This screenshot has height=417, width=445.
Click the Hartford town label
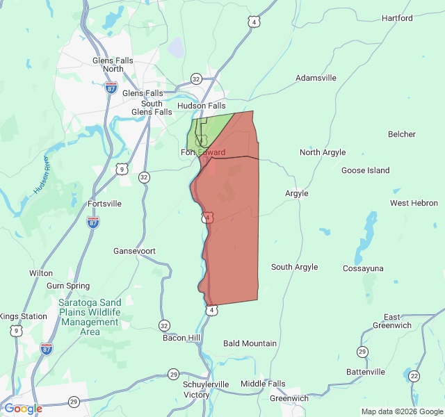click(x=397, y=18)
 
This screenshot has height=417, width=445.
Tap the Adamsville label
click(x=316, y=79)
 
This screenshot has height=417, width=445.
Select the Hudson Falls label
click(x=202, y=106)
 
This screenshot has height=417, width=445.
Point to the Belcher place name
click(x=402, y=134)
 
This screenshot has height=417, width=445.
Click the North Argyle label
click(x=323, y=152)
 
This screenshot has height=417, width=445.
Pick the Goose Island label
click(x=366, y=170)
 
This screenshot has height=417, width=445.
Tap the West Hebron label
click(x=414, y=203)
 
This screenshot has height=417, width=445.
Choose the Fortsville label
click(x=105, y=204)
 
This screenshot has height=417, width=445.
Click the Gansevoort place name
click(x=134, y=250)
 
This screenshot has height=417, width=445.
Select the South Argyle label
click(x=294, y=267)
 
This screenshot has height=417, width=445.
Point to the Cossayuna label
click(x=363, y=268)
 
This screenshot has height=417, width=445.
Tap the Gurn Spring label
click(x=68, y=286)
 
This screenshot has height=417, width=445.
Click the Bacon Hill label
click(x=182, y=338)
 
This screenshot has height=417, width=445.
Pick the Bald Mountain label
click(x=250, y=343)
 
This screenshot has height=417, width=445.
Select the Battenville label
click(x=365, y=372)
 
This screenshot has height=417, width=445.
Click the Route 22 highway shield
click(x=414, y=376)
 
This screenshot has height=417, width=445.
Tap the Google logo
click(x=23, y=409)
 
